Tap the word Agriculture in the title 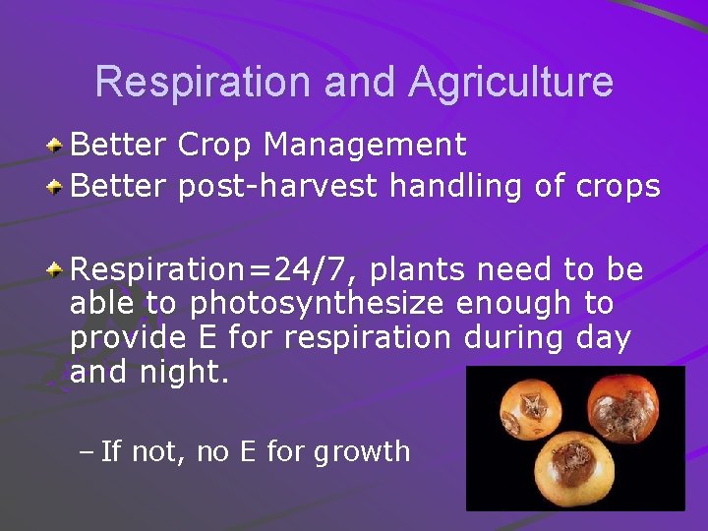[511, 82]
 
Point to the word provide [127, 337]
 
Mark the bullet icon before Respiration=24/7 [57, 268]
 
